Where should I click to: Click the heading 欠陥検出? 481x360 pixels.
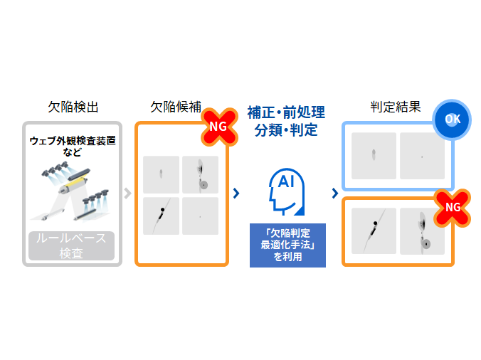(73, 107)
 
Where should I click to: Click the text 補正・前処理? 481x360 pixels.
(286, 112)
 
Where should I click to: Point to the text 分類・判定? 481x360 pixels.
(286, 130)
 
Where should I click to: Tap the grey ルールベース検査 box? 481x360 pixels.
(72, 245)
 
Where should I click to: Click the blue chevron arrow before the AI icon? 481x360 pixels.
(236, 193)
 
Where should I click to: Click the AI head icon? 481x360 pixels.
(286, 191)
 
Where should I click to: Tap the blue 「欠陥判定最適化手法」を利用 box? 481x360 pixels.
(287, 245)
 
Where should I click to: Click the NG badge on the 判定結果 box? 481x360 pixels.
(452, 207)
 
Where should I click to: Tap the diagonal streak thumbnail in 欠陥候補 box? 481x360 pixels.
(161, 216)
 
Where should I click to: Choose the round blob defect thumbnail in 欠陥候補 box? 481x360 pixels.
(200, 175)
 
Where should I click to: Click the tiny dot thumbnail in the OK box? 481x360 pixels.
(422, 156)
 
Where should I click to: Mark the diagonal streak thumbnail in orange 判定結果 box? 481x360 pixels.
(374, 231)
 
